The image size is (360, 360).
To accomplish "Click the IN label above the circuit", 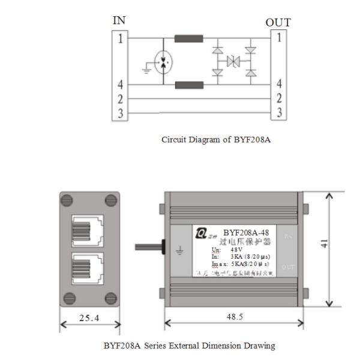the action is (x=119, y=20).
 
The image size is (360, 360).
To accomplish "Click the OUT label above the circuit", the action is (x=278, y=22).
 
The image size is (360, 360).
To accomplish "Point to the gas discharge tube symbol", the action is (x=163, y=62).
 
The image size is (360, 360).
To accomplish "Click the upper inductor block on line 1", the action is (x=188, y=39).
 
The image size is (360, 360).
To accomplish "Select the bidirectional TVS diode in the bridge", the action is (x=233, y=61).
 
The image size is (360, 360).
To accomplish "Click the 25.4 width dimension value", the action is (x=90, y=317).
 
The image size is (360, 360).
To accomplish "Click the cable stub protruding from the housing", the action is (x=149, y=247).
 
